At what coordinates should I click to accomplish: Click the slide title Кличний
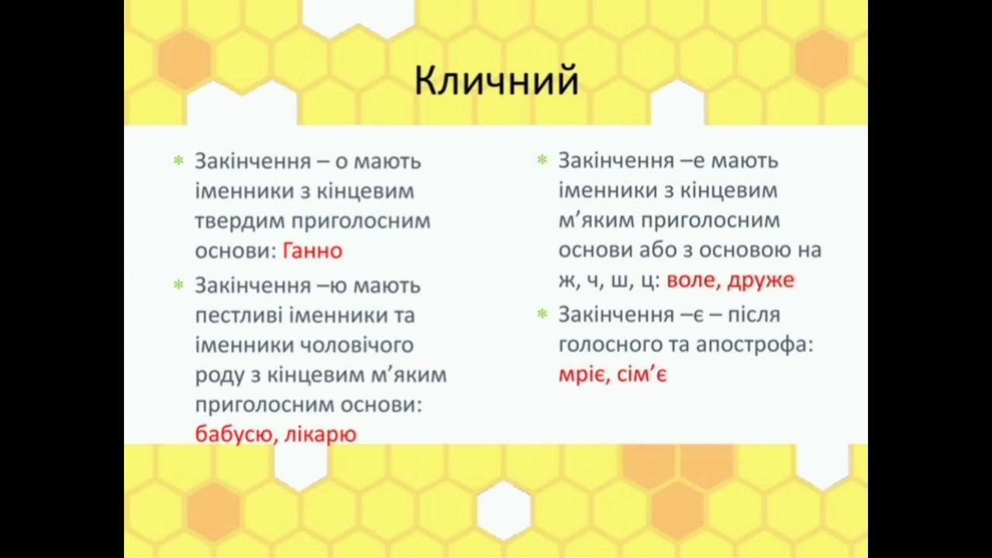point(496,81)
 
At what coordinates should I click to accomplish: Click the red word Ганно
point(312,251)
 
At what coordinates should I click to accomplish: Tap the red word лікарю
point(320,434)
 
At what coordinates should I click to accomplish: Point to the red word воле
point(692,281)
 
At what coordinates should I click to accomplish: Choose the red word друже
point(762,281)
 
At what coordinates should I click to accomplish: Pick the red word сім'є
point(643,375)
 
